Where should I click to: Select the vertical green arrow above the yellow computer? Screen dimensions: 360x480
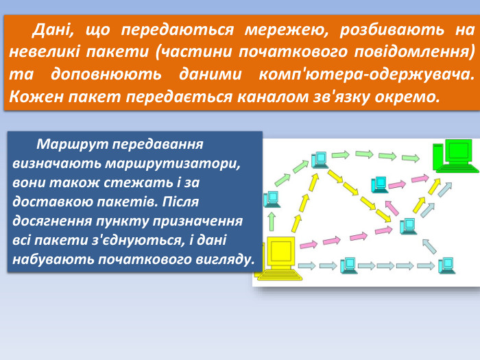pos(272,221)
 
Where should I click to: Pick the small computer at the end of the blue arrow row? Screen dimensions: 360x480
pos(446,265)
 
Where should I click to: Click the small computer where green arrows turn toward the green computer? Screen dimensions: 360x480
pos(318,160)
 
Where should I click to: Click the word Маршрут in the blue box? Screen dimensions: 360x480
pos(71,145)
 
